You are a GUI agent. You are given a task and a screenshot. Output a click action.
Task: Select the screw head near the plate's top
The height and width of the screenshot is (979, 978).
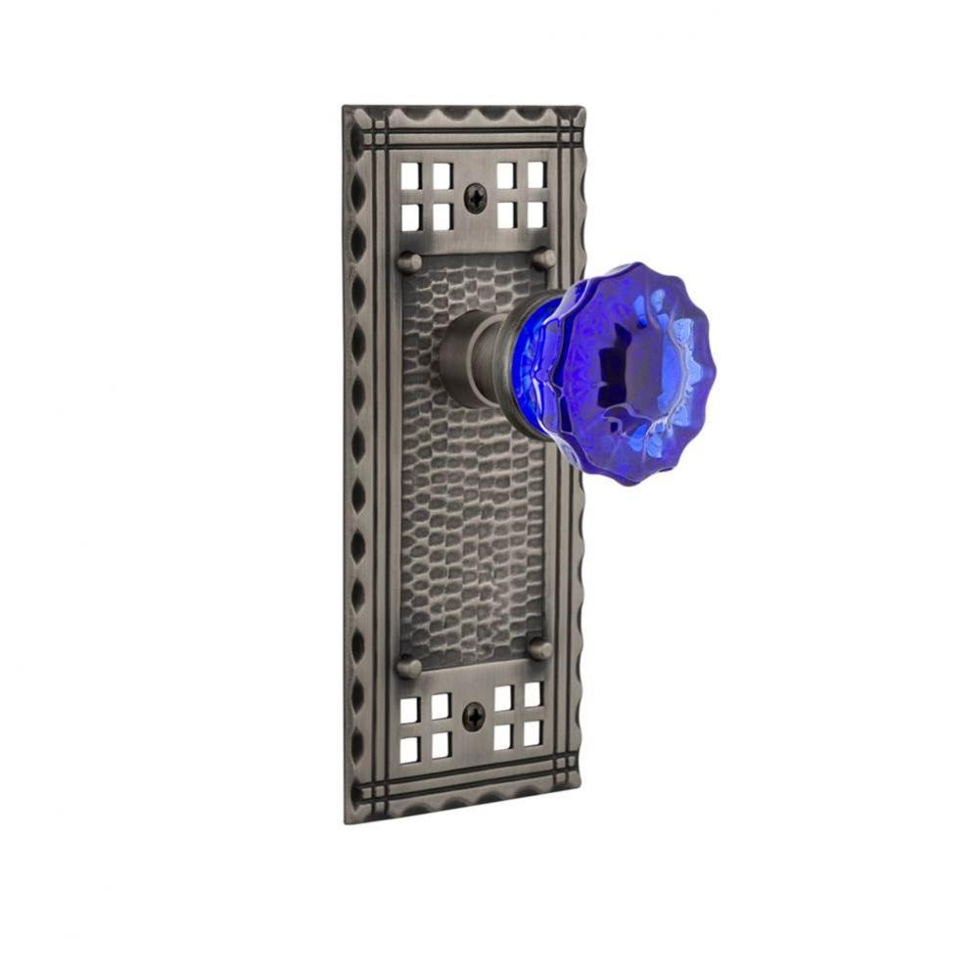click(475, 198)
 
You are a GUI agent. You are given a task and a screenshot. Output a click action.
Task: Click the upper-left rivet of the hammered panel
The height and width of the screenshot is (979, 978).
click(409, 261)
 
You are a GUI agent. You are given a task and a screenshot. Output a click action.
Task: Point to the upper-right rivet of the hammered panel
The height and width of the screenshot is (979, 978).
click(544, 258)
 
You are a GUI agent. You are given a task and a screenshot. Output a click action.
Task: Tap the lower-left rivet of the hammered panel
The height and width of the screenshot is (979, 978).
click(408, 667)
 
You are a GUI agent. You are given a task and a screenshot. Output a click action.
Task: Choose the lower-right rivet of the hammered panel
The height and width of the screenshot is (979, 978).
click(538, 649)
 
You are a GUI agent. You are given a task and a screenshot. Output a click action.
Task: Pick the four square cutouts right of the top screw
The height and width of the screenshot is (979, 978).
click(521, 193)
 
